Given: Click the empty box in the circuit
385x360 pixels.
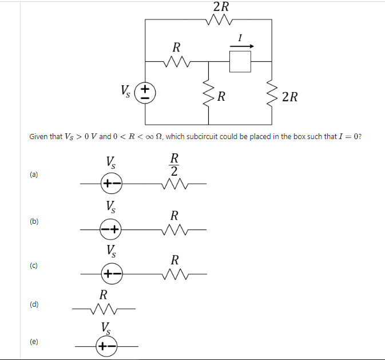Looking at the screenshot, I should (240, 61).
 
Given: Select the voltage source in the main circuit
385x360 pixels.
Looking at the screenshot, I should (146, 92).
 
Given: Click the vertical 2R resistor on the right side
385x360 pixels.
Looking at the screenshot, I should (271, 94).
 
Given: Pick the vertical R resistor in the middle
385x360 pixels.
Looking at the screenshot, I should (208, 94).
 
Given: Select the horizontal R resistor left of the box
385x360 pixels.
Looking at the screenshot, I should (177, 61).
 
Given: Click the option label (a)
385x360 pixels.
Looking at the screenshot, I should (34, 174).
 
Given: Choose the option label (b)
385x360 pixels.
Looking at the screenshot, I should (34, 221).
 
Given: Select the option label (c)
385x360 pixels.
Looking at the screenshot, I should (34, 266).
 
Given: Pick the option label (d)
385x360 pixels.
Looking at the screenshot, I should (34, 304).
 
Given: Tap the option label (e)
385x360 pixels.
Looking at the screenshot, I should (34, 342).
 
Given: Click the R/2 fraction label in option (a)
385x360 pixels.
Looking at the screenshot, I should (175, 164).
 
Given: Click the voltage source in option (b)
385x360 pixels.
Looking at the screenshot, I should (111, 230).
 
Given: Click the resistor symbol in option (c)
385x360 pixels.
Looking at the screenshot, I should (175, 274).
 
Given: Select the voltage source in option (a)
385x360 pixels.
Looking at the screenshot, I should (111, 184).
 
